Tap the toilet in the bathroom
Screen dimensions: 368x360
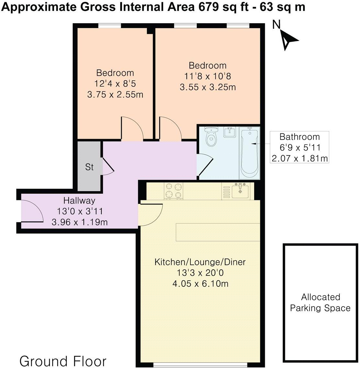tap(212, 137)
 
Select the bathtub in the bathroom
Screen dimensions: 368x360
tap(249, 153)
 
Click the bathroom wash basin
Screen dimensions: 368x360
tap(231, 132)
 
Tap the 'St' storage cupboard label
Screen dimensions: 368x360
tap(89, 167)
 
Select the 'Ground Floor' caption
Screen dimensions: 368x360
tap(63, 361)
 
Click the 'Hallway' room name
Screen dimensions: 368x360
tap(79, 200)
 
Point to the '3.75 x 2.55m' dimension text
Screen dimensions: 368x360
tap(115, 95)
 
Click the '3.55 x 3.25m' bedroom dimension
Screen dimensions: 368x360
tap(208, 87)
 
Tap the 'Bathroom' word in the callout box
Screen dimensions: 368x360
tap(299, 137)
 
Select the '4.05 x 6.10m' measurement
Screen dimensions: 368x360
tap(200, 284)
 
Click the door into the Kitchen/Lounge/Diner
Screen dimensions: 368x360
tap(151, 214)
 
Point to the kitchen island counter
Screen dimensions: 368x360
tap(218, 232)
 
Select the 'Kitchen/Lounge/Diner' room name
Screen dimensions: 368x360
tap(200, 262)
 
